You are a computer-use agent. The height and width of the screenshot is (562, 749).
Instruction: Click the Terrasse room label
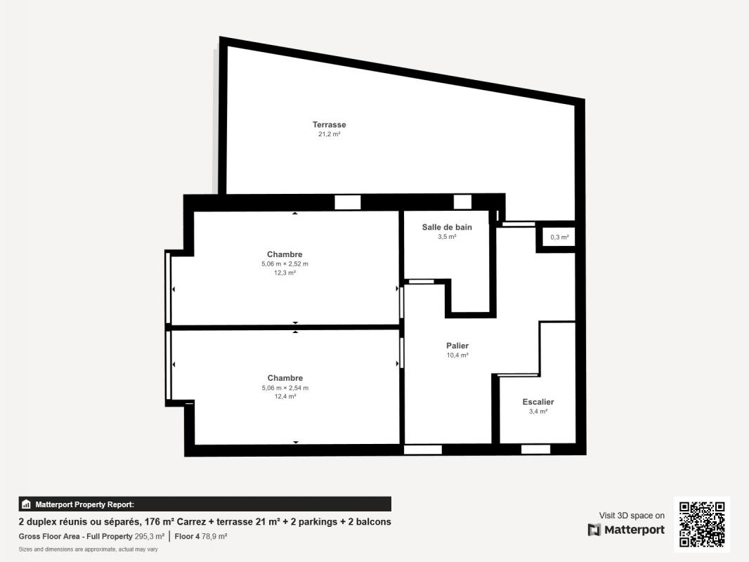click(329, 124)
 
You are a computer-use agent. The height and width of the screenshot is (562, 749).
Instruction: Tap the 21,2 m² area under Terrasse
click(329, 134)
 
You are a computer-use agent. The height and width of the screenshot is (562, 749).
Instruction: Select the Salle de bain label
click(447, 228)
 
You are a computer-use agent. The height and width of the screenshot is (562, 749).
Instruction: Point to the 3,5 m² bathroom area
click(447, 237)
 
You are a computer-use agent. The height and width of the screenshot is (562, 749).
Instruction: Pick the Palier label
click(457, 346)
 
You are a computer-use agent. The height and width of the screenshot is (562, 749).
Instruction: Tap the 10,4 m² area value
click(457, 355)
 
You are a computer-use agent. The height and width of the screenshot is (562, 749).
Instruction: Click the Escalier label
click(538, 402)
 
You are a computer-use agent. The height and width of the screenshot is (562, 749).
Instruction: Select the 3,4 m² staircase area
click(538, 412)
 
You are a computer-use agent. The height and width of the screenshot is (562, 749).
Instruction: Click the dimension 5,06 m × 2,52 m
click(285, 263)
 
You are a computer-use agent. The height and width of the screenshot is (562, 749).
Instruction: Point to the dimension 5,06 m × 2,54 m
click(285, 388)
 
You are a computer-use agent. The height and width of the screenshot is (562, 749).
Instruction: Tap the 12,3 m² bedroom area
click(285, 273)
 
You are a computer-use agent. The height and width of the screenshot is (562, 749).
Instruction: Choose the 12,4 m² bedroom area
click(285, 396)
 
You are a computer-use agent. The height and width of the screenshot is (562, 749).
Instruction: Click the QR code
click(702, 524)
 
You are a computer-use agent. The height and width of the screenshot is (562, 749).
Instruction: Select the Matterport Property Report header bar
click(205, 504)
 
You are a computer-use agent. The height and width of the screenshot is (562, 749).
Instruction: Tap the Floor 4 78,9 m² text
click(201, 536)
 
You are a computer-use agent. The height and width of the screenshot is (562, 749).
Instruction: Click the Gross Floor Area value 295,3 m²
click(150, 536)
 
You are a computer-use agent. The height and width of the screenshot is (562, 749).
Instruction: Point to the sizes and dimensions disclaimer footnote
click(88, 549)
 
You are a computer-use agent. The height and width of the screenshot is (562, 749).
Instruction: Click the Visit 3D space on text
click(632, 516)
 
